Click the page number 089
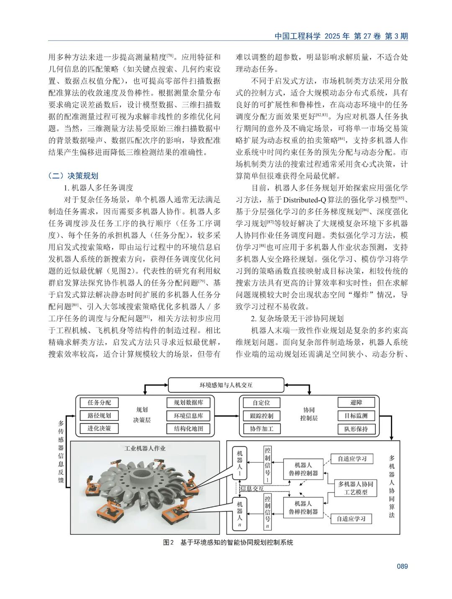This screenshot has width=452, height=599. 402,566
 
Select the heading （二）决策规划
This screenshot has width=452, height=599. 73,176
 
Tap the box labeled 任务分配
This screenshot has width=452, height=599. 99,402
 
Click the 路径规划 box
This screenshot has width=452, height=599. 99,415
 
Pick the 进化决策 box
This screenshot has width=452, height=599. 99,428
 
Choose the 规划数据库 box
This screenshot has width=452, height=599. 188,402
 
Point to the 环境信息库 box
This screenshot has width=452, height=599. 188,416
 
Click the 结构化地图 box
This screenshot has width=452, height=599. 188,428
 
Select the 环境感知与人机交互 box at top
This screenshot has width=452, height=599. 226,385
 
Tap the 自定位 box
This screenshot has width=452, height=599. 262,403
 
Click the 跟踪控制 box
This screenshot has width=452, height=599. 262,416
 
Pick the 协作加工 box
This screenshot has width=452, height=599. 262,429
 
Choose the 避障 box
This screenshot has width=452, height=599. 356,402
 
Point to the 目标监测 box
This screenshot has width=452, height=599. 356,416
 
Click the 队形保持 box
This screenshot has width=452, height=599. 356,429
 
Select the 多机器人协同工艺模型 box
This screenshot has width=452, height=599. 355,488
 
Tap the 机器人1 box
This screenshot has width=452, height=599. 240,463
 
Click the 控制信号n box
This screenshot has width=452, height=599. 267,511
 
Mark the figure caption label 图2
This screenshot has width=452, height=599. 168,542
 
